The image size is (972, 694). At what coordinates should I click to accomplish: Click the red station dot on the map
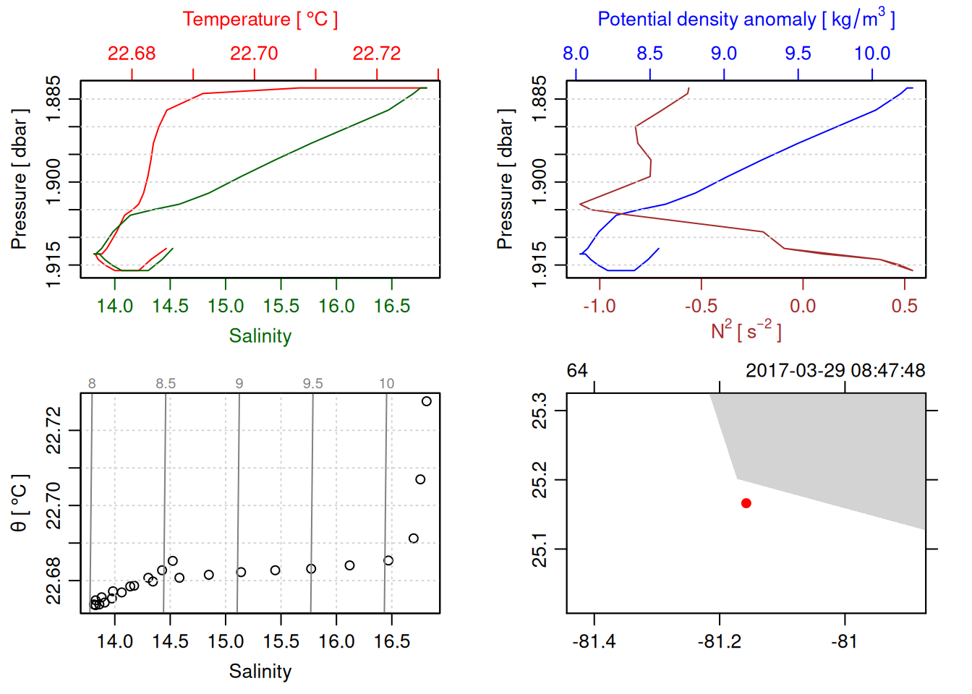(746, 503)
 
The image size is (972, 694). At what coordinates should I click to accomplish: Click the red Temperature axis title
(260, 20)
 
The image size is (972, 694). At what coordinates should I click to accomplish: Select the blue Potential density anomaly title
(746, 19)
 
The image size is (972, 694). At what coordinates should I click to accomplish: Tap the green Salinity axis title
(260, 336)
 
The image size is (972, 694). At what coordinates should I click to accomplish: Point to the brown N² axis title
(746, 331)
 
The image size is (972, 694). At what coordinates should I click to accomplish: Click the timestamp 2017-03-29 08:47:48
(835, 371)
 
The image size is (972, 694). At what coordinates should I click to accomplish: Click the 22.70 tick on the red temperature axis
(254, 53)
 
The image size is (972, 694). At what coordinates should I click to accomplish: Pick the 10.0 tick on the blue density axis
(872, 53)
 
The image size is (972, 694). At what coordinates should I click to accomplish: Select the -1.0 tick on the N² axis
(600, 307)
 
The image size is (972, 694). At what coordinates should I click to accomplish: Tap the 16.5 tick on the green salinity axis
(391, 307)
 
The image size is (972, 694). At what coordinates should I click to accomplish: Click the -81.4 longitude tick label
(594, 642)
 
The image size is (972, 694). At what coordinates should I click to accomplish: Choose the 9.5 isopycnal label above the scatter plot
(312, 384)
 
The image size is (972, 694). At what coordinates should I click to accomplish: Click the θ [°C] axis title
(20, 503)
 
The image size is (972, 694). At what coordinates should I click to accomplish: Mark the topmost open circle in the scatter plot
(427, 401)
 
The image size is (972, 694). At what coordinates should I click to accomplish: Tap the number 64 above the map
(577, 371)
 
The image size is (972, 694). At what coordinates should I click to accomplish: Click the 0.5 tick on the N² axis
(904, 307)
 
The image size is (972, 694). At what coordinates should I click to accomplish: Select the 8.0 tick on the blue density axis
(576, 53)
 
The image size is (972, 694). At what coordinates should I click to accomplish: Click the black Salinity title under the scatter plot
(260, 672)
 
